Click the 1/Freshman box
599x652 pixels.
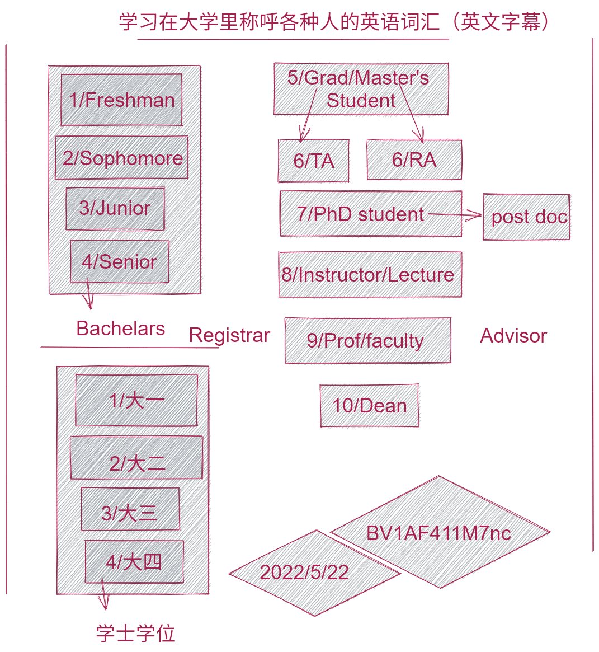click(x=121, y=100)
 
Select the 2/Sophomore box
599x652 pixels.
click(x=121, y=158)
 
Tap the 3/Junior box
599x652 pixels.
click(x=115, y=208)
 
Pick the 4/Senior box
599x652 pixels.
click(x=119, y=261)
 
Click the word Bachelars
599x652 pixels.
click(x=120, y=329)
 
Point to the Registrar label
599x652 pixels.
click(x=229, y=335)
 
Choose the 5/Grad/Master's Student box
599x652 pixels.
click(x=361, y=89)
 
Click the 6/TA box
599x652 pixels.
click(x=314, y=161)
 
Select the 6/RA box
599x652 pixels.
click(x=414, y=160)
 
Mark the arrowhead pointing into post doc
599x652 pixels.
click(x=477, y=215)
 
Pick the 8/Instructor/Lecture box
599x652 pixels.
click(x=370, y=274)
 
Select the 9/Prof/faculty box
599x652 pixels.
click(x=367, y=340)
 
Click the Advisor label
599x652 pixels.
click(x=513, y=336)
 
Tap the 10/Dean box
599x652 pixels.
click(x=369, y=406)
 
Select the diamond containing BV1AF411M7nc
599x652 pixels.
click(x=440, y=532)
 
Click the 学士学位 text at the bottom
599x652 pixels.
click(x=136, y=634)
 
